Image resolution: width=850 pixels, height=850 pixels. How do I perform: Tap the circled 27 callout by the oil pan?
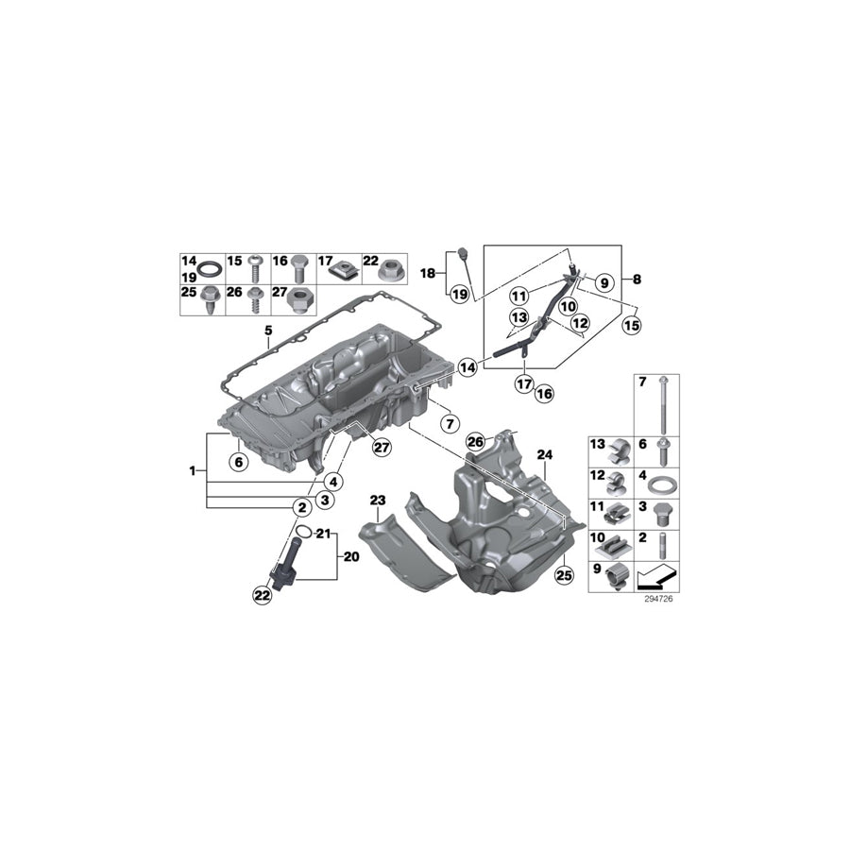[x=381, y=449]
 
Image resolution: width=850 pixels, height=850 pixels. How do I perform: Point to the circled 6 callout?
[x=239, y=461]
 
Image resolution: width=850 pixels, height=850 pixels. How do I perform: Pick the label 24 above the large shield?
[x=543, y=454]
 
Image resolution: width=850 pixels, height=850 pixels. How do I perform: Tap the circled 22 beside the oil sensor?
[x=261, y=594]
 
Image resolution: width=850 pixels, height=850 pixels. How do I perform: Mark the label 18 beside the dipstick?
[x=427, y=273]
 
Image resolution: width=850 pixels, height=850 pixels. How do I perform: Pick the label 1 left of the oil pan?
[x=193, y=469]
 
